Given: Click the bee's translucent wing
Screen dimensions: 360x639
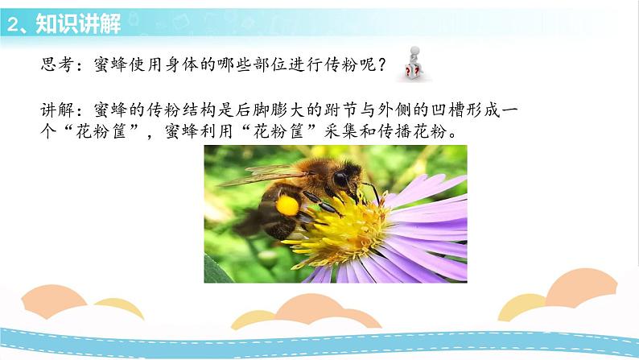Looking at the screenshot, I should (x=258, y=172).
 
